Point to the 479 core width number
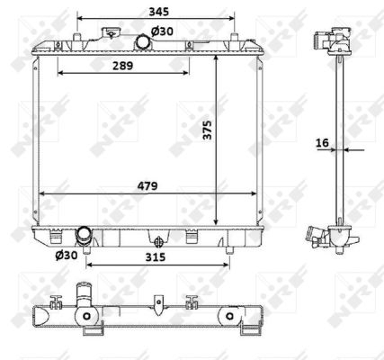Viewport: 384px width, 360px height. pos(148,186)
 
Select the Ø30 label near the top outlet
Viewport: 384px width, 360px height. pos(163,31)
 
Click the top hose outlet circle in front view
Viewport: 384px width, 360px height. pos(142,43)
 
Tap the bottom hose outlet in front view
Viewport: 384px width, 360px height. pos(85,236)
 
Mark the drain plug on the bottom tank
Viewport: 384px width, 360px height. pos(158,240)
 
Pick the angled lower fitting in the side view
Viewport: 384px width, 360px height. pos(317,236)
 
